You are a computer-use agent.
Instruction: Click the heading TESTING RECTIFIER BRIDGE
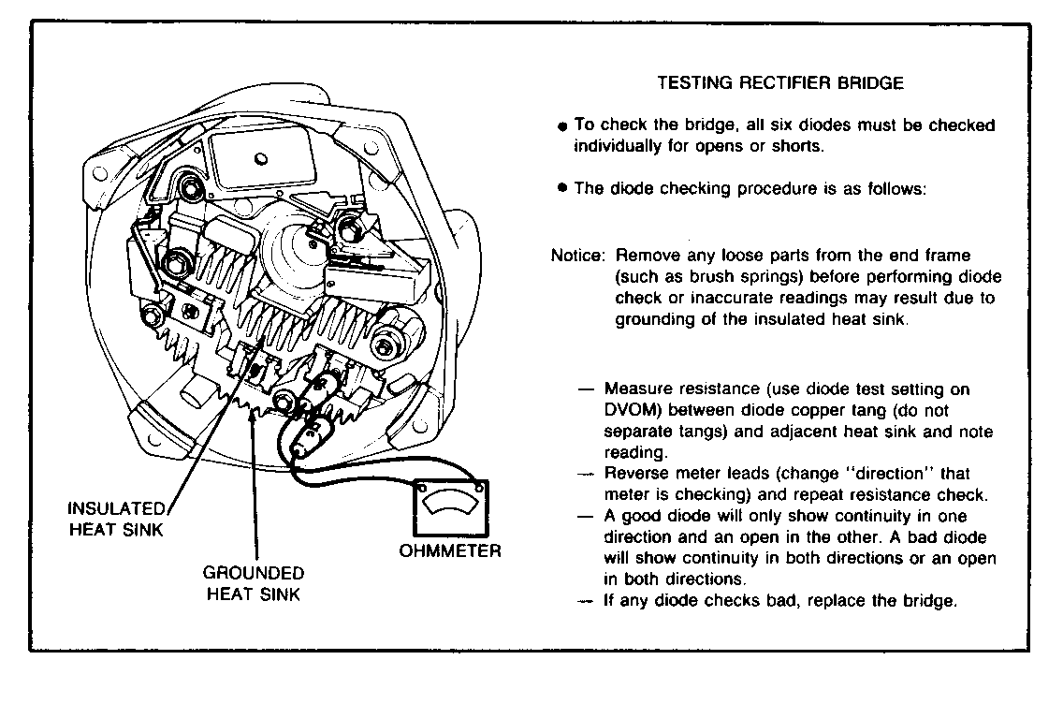(x=780, y=82)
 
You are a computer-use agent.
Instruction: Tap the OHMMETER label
(x=450, y=550)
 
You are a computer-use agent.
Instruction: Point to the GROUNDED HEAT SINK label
(x=254, y=581)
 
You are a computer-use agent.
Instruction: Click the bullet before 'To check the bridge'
(x=561, y=125)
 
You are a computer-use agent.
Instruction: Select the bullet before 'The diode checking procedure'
(x=561, y=188)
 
